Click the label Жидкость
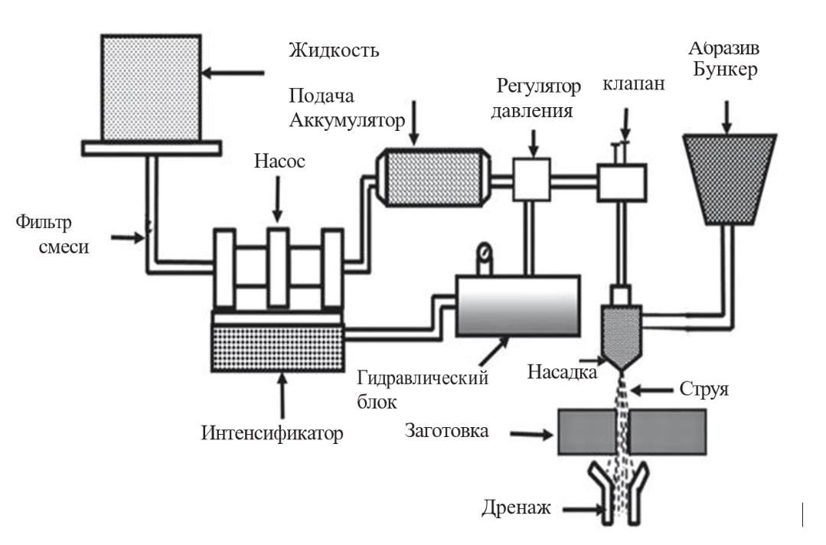334,52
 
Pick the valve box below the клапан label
622,182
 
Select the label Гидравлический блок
422,388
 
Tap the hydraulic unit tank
517,306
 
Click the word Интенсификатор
273,432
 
